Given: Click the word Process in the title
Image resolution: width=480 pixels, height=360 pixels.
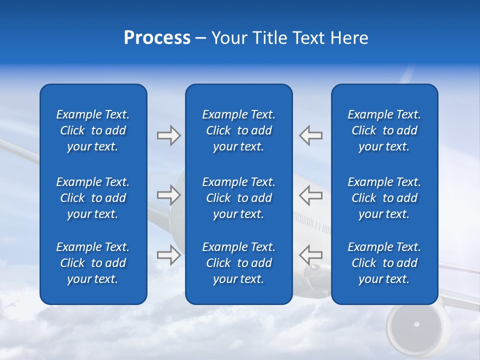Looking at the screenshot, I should (157, 38).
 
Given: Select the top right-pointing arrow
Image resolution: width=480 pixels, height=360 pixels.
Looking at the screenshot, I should (168, 135).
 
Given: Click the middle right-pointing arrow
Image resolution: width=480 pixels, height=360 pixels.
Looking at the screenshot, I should (168, 195).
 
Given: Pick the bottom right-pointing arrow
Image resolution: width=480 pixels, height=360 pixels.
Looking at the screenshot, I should (168, 254).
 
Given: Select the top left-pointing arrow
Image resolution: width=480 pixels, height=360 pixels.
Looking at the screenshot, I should (310, 135).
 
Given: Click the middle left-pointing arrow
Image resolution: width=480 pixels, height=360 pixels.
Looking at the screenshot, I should (310, 195).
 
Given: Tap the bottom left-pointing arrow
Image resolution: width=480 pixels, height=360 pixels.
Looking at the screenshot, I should (310, 254).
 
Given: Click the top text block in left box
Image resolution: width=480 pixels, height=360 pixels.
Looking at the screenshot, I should (93, 130).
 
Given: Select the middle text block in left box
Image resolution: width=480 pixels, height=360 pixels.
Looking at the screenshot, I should (93, 198).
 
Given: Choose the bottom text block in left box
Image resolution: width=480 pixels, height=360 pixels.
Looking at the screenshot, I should (93, 263).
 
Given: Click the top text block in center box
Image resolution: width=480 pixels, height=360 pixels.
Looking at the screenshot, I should (238, 130).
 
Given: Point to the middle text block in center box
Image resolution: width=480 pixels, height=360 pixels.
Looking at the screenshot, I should (238, 198).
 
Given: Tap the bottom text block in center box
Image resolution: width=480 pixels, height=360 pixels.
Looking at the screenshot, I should (238, 263).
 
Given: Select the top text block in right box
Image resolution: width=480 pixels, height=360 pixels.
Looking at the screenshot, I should (384, 130).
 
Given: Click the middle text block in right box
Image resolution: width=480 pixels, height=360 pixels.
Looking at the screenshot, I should (384, 198).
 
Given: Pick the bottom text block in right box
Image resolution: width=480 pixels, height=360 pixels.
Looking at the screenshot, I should (384, 263).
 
